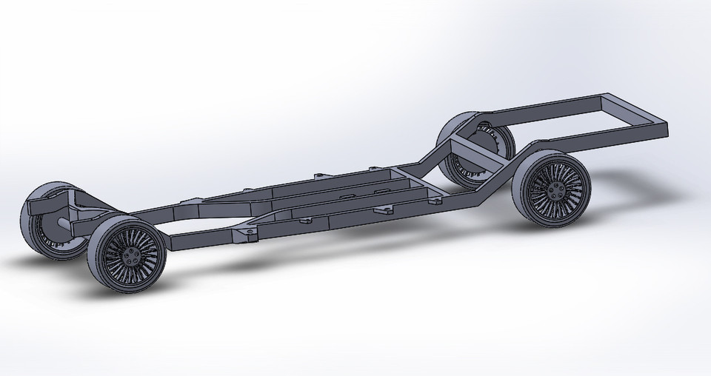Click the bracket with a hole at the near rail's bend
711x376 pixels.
245,235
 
